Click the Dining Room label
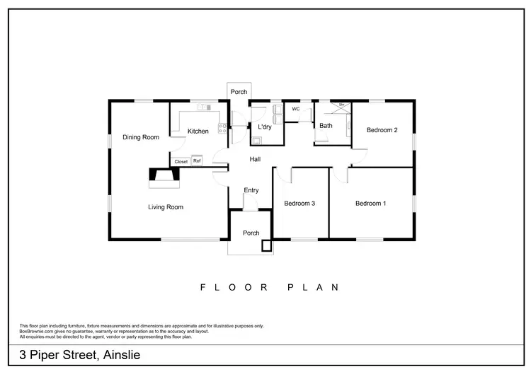coord(140,137)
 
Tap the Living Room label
coord(166,207)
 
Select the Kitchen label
coord(198,132)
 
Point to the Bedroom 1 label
coord(370,204)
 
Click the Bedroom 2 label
coord(382,130)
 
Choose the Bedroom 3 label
coord(299,204)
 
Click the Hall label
coord(255,160)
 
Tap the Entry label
coord(251,190)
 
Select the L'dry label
coord(265,127)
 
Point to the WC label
coord(296,109)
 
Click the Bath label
coord(326,126)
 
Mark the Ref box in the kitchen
coord(197,161)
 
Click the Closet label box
coord(181,161)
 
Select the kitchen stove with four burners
coord(222,129)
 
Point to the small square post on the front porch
coord(266,246)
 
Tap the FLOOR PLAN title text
coord(270,287)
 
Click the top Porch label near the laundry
coord(239,91)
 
